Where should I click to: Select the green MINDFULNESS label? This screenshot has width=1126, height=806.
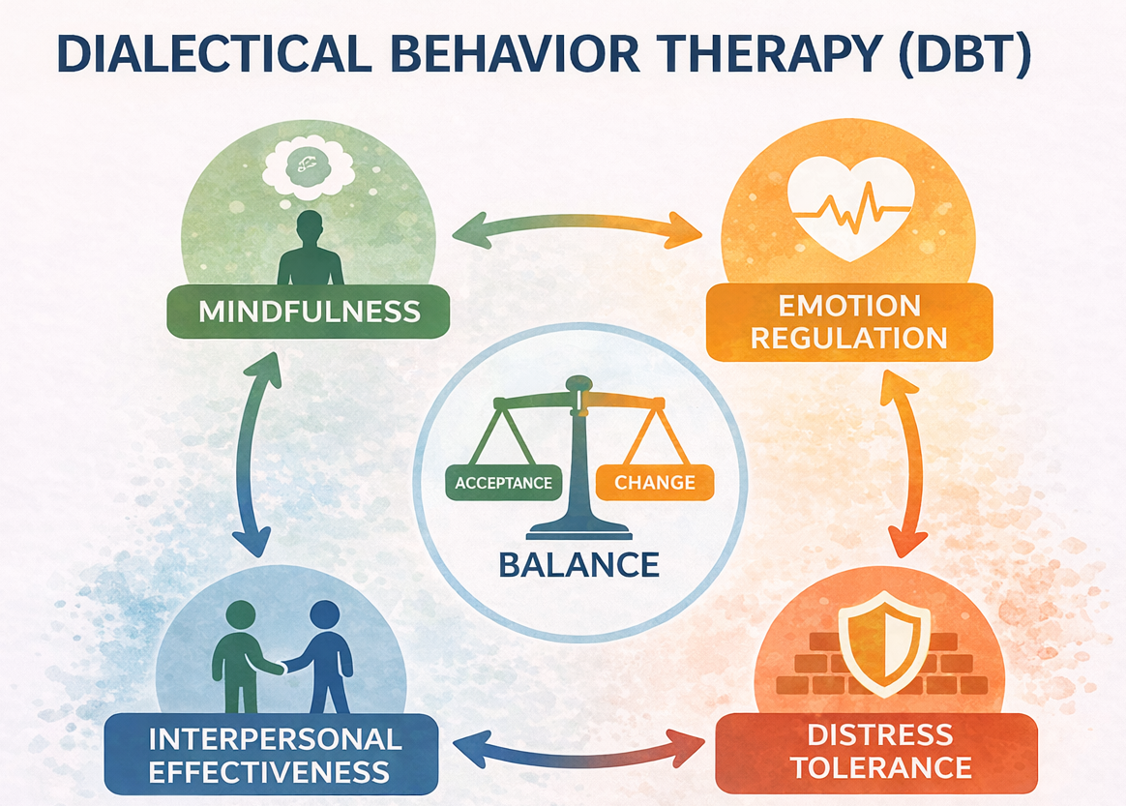pyautogui.click(x=309, y=312)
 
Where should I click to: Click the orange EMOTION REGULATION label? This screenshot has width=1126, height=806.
pyautogui.click(x=849, y=322)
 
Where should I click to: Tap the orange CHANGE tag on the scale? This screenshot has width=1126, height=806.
pyautogui.click(x=654, y=483)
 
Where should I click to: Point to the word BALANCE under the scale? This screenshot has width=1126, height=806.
pyautogui.click(x=578, y=564)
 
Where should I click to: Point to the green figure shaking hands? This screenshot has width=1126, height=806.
pyautogui.click(x=236, y=653)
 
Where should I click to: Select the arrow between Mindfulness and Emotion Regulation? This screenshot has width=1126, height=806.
pyautogui.click(x=578, y=230)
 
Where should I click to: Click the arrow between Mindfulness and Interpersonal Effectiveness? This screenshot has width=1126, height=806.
pyautogui.click(x=254, y=455)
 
